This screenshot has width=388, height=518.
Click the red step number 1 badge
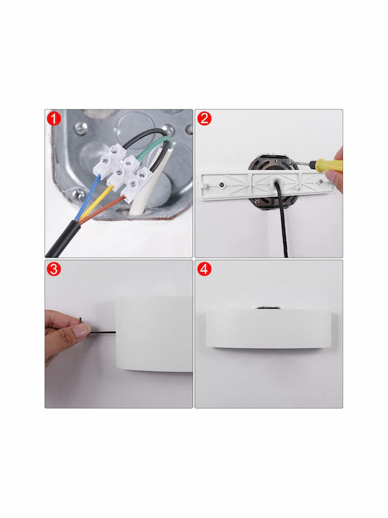point(54,119)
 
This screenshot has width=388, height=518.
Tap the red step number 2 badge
point(204,119)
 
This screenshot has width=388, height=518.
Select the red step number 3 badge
point(54,269)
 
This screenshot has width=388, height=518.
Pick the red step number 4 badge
point(204,269)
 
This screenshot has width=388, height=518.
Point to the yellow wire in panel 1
point(96,203)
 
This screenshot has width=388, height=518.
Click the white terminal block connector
point(123,173)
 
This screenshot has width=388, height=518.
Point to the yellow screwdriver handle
point(328,165)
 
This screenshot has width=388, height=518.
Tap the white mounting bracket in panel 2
point(268,186)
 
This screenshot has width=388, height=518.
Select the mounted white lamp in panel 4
point(269,328)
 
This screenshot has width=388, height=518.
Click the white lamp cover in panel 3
point(154,334)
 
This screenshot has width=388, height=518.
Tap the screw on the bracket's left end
point(223,184)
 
